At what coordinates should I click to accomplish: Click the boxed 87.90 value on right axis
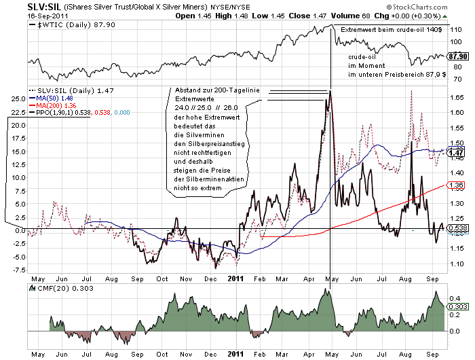(458, 56)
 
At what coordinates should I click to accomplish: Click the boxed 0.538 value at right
(456, 228)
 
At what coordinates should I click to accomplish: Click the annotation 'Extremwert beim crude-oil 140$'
(390, 31)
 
